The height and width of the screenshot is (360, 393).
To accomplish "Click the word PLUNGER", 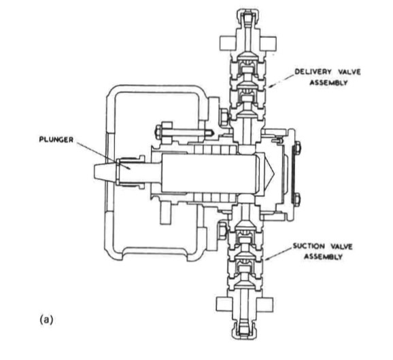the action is tap(56, 139).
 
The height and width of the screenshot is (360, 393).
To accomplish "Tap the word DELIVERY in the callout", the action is tap(313, 71).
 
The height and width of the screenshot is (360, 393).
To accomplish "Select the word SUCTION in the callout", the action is tap(309, 246).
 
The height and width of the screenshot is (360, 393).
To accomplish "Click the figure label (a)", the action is tap(46, 320).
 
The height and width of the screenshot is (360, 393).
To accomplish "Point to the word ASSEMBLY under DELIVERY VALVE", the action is tap(328, 82).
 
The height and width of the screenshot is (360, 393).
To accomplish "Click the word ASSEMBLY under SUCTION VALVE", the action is tap(324, 257).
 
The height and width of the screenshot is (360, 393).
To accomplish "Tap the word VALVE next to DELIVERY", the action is tap(349, 72).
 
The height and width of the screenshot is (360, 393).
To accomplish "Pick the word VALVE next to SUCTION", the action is tap(341, 247).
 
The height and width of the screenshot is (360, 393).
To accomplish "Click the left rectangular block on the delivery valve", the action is tap(228, 43).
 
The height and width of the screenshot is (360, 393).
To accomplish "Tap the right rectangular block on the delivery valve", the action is tap(268, 43).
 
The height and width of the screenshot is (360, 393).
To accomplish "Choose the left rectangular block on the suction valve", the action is tap(224, 304).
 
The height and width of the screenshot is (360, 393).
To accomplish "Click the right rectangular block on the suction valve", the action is tap(264, 304).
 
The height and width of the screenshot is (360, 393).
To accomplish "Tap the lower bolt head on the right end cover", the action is tap(296, 199).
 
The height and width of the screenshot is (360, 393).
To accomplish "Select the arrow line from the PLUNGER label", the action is tap(104, 156).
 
